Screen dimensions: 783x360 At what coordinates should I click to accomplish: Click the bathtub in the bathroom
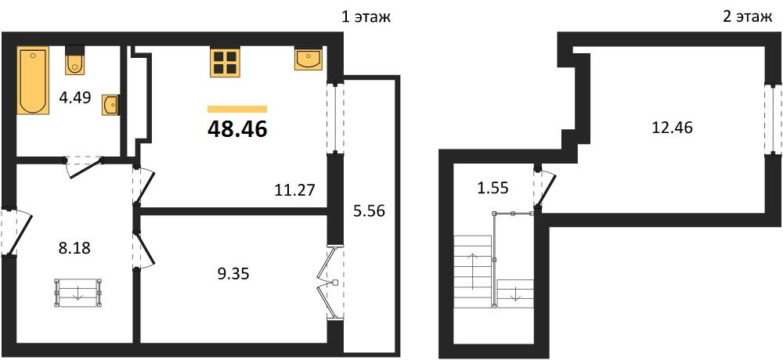pos(34,81)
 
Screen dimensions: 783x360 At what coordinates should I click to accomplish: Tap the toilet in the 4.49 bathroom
pos(75,60)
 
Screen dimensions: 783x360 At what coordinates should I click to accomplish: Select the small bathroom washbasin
pos(110,105)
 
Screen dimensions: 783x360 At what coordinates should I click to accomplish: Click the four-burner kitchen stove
pos(225,62)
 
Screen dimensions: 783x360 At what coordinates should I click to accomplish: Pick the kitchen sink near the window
pos(309,59)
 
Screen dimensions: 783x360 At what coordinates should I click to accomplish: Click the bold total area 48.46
pos(238,129)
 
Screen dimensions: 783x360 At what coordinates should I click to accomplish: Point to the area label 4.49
pos(75,97)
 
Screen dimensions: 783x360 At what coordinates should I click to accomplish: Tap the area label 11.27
pos(295,190)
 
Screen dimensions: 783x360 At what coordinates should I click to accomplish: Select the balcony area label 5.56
pos(369,211)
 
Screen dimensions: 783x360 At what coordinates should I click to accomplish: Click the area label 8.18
pos(74,248)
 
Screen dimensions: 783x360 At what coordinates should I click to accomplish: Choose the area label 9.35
pos(233,273)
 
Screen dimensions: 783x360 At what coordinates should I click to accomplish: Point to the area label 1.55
pos(492,188)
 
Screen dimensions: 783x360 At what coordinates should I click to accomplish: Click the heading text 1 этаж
pos(365,17)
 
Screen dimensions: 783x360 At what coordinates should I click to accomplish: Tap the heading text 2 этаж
pos(747,17)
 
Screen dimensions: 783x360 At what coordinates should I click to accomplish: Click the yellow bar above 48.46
pos(237,109)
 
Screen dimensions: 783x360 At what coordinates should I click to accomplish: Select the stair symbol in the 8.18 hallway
pos(78,293)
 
